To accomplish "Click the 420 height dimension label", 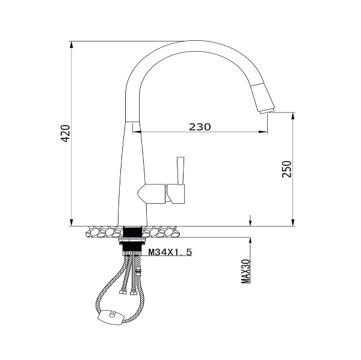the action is (66, 133).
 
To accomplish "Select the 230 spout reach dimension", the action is (200, 127).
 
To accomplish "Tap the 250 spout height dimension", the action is (287, 169).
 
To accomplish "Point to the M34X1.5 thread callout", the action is (170, 252).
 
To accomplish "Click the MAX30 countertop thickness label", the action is (245, 272).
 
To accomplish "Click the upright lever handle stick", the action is (180, 171).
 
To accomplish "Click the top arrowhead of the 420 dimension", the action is (72, 44).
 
